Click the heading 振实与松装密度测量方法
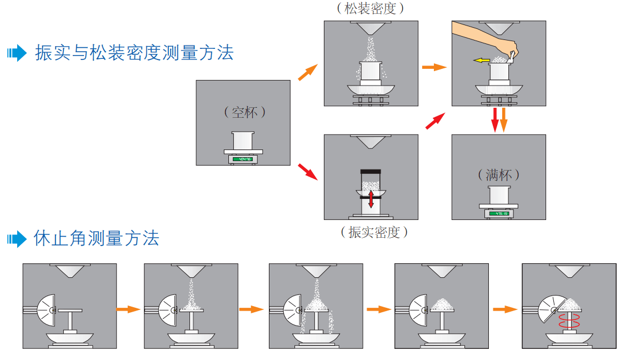point(134,53)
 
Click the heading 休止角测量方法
point(97,238)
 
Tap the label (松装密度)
point(371,8)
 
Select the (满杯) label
point(499,175)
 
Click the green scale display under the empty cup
point(243,159)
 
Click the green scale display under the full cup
point(498,213)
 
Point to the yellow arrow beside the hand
point(481,60)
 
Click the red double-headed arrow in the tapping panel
point(371,197)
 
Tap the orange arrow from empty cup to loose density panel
point(308,73)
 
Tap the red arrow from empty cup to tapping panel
point(307,171)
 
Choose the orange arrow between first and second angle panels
point(128,309)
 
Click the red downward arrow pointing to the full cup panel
point(494,119)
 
